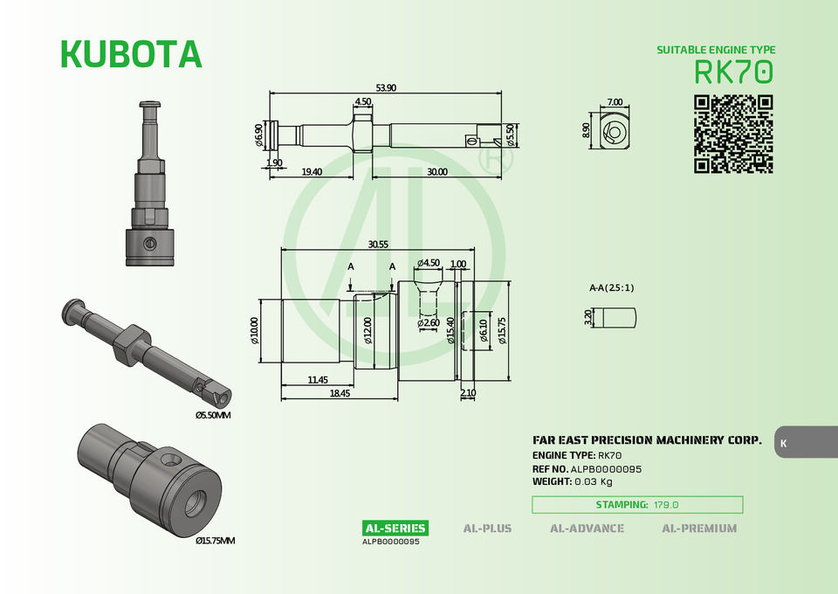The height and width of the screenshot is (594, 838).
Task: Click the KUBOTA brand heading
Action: point(131,54)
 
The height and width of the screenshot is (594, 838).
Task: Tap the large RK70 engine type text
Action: point(734,72)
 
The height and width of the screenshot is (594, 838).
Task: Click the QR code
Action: point(733,135)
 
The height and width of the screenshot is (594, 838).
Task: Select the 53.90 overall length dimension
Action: point(386,87)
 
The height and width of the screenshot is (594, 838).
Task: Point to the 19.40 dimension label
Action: point(312,171)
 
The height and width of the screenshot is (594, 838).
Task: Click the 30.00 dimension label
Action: point(437,171)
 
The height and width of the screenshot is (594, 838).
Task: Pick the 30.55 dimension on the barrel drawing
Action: point(378,245)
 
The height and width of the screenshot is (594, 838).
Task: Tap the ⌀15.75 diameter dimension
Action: point(502,330)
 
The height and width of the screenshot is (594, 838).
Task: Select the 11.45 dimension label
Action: point(318,380)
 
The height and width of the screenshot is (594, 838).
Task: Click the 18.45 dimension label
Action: point(340,393)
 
